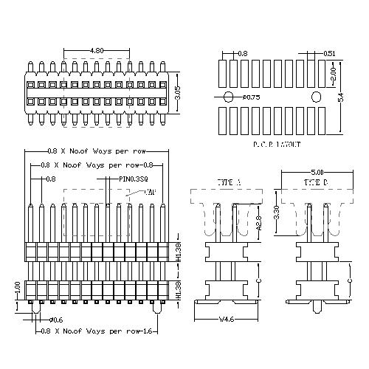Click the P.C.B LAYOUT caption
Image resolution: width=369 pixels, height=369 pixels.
(x=277, y=145)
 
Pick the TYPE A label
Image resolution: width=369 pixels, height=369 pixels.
(x=229, y=182)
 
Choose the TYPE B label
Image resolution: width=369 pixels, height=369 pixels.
(x=317, y=182)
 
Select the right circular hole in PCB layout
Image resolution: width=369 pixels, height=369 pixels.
(x=316, y=97)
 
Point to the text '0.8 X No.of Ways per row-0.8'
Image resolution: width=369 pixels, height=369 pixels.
(x=97, y=165)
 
